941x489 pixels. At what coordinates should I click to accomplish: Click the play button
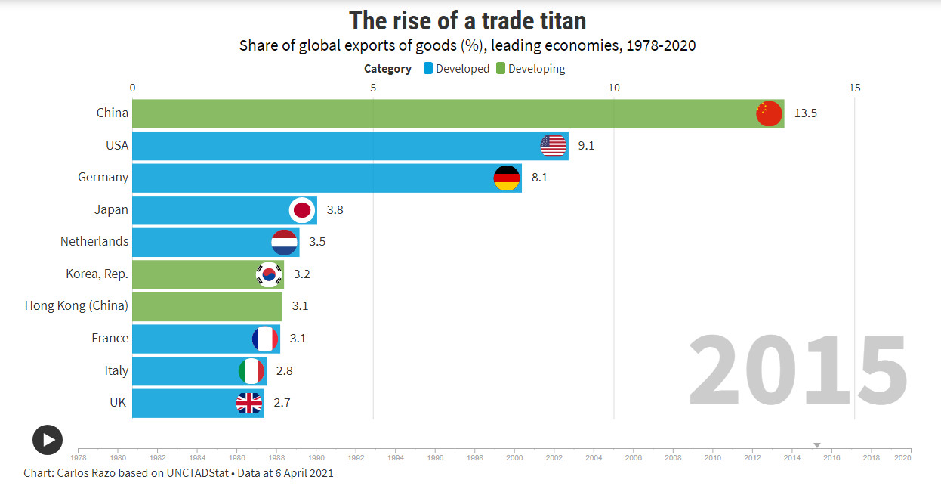click(x=48, y=440)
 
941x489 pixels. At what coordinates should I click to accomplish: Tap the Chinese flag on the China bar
click(x=768, y=113)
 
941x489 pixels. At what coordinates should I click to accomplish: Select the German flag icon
click(x=506, y=178)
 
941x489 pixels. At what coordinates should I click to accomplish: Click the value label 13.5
click(x=806, y=113)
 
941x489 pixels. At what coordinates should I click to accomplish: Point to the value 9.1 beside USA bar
click(x=586, y=145)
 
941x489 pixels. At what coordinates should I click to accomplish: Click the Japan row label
click(x=111, y=209)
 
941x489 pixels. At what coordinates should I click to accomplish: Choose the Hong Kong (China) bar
click(x=207, y=306)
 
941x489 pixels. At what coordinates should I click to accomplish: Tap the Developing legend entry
click(x=530, y=69)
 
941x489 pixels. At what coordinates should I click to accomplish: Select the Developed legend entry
click(x=456, y=69)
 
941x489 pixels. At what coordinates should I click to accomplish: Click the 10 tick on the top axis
click(x=614, y=88)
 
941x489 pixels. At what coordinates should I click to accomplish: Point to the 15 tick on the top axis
click(x=854, y=88)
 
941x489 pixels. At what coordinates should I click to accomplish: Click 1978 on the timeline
click(x=79, y=457)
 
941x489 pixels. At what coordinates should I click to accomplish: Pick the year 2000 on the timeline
click(x=514, y=457)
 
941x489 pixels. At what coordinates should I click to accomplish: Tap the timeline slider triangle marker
click(x=816, y=445)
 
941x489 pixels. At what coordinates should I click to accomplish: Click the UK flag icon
click(x=249, y=403)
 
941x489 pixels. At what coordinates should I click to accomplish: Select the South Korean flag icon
click(x=269, y=274)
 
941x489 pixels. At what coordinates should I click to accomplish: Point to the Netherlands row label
click(x=94, y=242)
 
